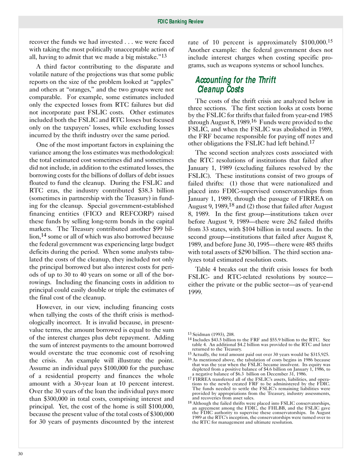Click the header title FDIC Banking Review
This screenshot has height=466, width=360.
pyautogui.click(x=180, y=22)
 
